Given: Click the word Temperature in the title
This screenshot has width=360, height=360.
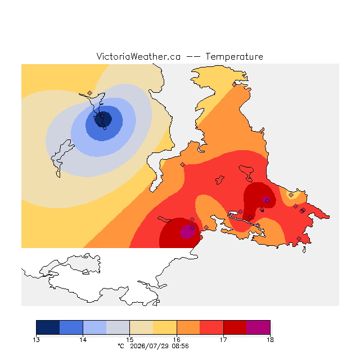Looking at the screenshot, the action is pos(234,57).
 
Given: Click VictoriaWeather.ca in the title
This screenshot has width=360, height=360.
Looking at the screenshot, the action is pos(138,57).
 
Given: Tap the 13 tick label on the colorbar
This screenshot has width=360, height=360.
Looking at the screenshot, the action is pos(36,340).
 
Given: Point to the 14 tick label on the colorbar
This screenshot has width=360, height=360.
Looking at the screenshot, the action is pos(83,340).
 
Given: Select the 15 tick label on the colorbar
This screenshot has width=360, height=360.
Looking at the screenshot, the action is pos(130,340).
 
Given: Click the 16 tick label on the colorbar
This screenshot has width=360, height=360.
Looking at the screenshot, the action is pos(177,340).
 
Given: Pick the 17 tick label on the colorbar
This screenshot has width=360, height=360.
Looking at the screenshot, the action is pos(223,340).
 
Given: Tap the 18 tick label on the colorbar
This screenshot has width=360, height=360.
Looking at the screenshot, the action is pos(270,340).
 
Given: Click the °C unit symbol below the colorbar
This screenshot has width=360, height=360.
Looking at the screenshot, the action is pos(121,346).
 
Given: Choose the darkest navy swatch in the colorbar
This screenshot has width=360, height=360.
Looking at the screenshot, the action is pos(48,327).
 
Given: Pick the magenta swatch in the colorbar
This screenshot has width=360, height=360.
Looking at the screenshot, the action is pos(258,327).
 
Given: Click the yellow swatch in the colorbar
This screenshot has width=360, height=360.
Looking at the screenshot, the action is pos(165,327).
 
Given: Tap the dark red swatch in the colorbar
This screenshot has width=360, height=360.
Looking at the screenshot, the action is pos(235,327).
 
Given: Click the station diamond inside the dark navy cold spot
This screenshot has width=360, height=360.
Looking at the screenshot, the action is pos(102,116).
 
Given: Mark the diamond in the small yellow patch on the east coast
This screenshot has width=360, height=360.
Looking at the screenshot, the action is pos(291,195).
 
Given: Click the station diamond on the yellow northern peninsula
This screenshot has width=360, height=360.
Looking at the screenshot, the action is pos(234,85).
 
